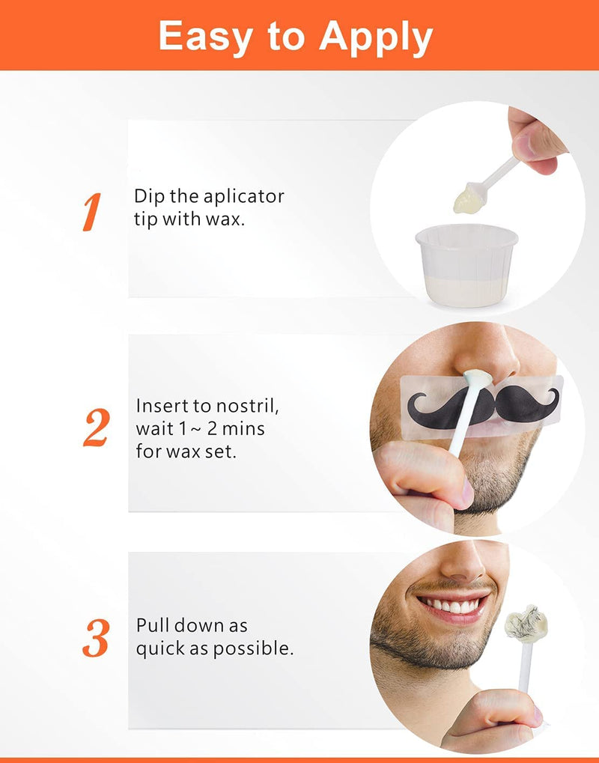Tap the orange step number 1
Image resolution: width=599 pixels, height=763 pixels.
click(91, 213)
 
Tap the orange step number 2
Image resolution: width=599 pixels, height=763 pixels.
click(95, 429)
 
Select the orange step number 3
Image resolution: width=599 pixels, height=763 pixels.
click(96, 638)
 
